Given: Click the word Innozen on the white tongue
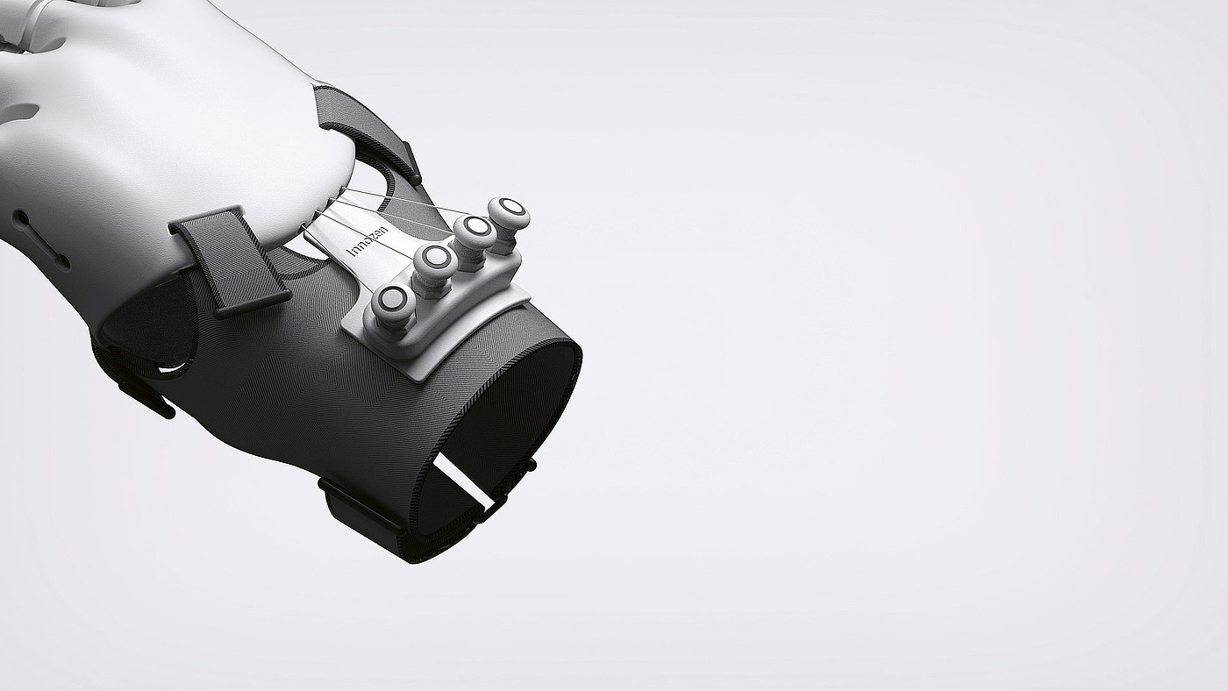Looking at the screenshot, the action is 369,242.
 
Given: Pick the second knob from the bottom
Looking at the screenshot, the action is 436,263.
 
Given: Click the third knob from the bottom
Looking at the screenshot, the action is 475,231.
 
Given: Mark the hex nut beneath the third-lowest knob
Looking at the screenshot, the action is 473,257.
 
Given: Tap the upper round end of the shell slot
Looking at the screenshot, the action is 23,219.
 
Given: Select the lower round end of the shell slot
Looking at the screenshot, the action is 63,262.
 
